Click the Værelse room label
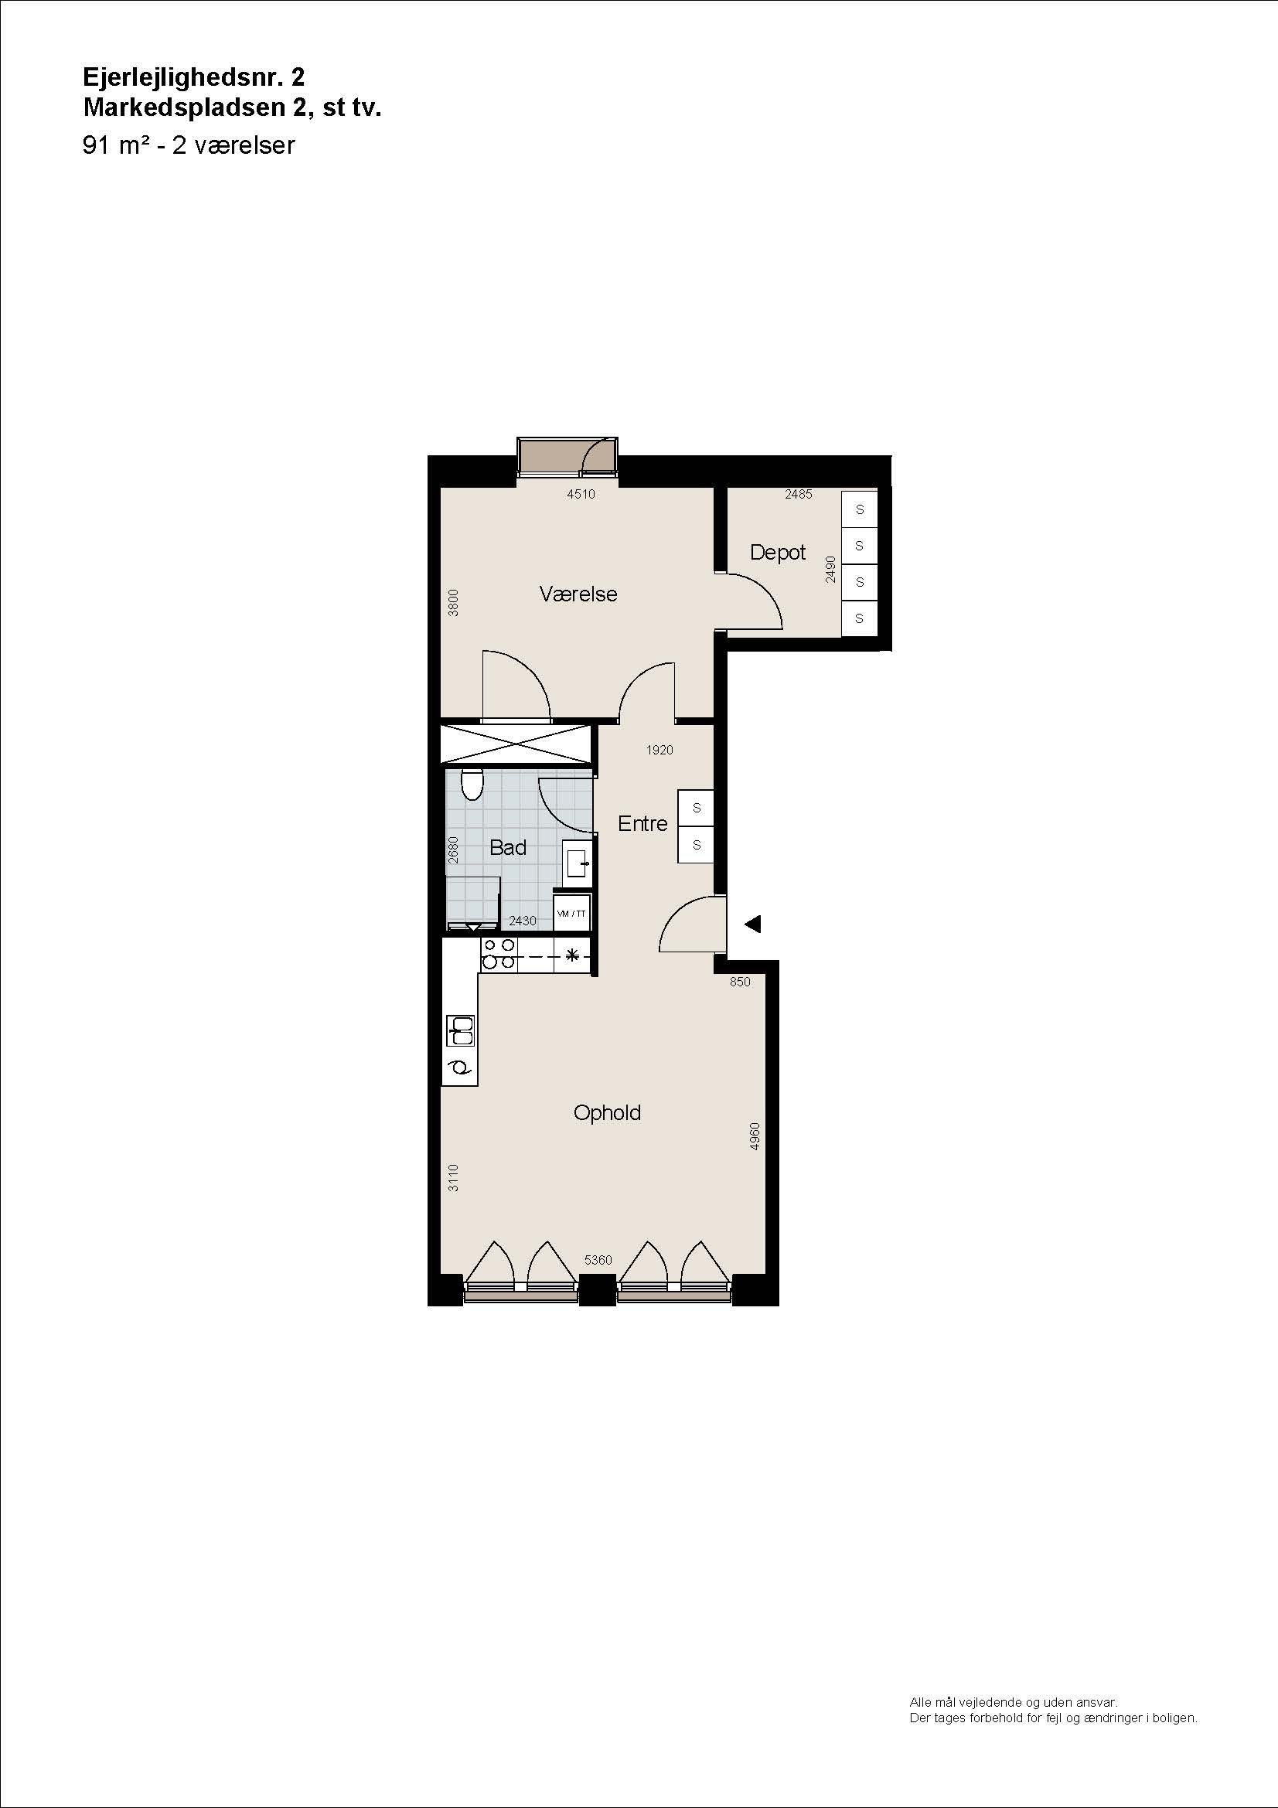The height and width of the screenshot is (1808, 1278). [578, 594]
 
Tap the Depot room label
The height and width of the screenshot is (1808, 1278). [777, 553]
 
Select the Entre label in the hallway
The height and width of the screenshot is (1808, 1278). [642, 824]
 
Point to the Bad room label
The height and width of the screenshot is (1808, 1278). [508, 847]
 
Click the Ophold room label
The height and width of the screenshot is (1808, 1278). [607, 1113]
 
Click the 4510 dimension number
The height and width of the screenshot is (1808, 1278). [581, 495]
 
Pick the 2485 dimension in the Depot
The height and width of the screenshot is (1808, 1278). [799, 495]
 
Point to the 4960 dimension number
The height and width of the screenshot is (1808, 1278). [755, 1136]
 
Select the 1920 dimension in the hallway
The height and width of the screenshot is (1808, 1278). [659, 750]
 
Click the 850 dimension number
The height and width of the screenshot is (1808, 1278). [740, 982]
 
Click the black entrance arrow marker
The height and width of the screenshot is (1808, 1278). [753, 924]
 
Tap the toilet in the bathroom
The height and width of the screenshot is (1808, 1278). [472, 784]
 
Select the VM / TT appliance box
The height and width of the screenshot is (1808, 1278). [571, 914]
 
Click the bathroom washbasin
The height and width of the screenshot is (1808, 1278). [577, 859]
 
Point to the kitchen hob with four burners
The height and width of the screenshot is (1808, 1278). [499, 955]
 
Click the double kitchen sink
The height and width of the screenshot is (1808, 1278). [461, 1030]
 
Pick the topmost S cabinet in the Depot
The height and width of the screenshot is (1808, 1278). [859, 509]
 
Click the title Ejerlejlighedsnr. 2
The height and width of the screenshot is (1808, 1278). [194, 77]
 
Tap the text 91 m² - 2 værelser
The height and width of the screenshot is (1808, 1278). [188, 145]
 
